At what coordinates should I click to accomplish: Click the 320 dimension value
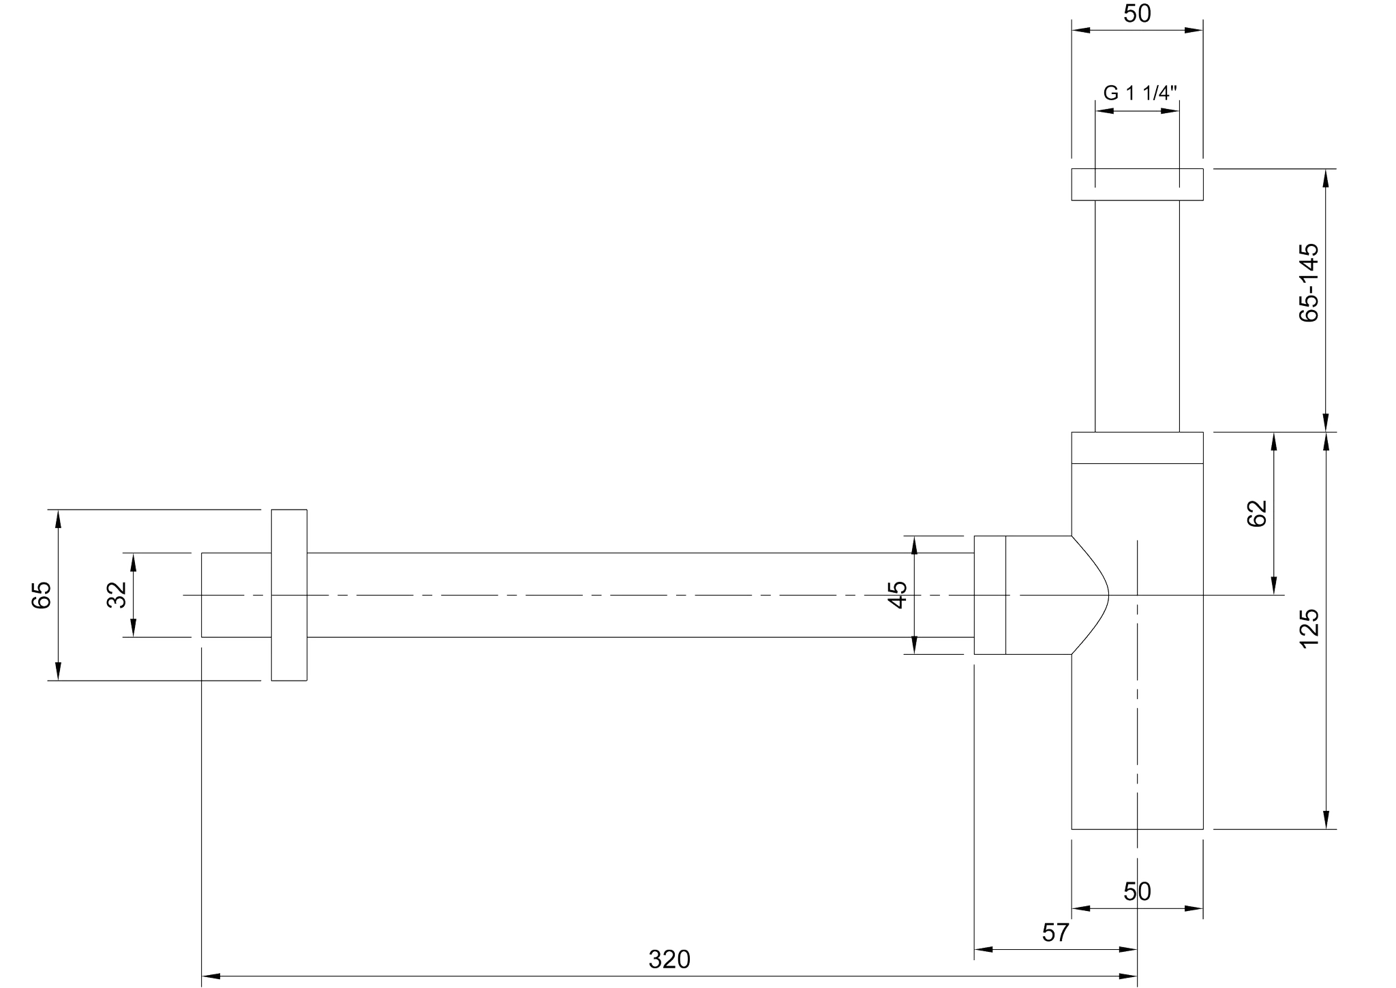[669, 959]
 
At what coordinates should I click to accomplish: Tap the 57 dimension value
[1055, 932]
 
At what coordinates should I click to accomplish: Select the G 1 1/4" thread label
[1140, 93]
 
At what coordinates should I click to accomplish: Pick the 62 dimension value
[1256, 513]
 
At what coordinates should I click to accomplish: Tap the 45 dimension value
[898, 594]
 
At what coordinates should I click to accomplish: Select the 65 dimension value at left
[41, 594]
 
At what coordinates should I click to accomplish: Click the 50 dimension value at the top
[1137, 13]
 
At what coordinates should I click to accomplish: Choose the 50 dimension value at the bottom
[1137, 891]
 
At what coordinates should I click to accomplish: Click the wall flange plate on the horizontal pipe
[289, 594]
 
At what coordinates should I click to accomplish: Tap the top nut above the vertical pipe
[1137, 184]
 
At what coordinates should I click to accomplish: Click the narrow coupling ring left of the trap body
[990, 595]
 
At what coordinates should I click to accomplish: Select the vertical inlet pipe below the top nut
[1137, 316]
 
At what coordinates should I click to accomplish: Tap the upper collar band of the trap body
[1137, 448]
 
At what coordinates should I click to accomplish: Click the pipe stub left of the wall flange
[237, 595]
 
